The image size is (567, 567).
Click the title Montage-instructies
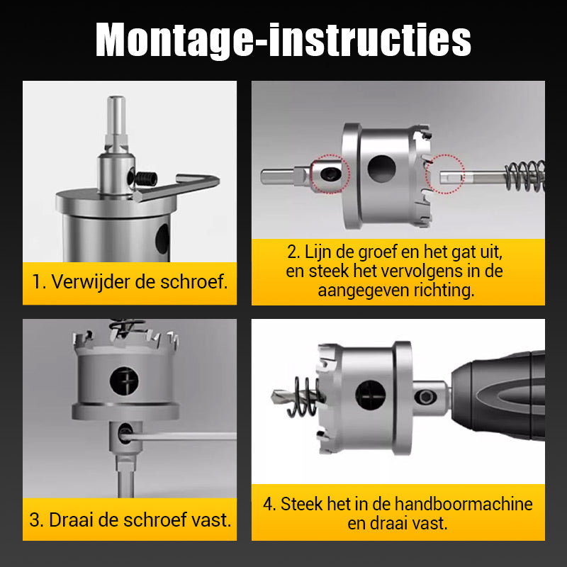(283, 40)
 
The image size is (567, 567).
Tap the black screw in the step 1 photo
(147, 179)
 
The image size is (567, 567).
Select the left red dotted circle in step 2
(330, 174)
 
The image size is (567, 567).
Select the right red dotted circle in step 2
(445, 174)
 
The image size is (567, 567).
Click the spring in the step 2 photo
(526, 176)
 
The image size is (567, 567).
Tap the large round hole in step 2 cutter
(381, 169)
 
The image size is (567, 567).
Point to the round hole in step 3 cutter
(124, 381)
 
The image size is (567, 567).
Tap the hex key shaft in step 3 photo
(180, 437)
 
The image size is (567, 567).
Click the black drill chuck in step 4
(499, 395)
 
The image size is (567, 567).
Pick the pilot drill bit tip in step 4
(272, 398)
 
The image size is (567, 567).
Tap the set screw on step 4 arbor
(426, 397)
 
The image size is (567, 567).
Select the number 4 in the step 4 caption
(268, 504)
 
